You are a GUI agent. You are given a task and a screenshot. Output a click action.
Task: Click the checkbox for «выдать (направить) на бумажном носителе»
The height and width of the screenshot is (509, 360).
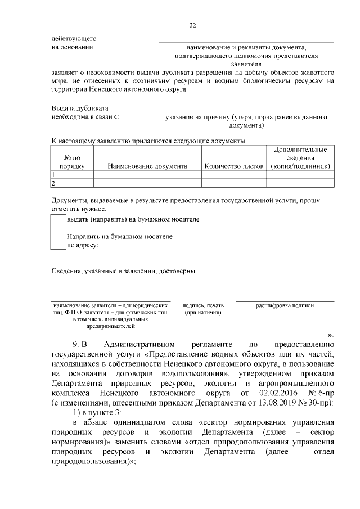[58, 223]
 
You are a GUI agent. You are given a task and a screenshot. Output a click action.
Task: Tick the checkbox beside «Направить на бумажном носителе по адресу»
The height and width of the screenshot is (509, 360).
[58, 241]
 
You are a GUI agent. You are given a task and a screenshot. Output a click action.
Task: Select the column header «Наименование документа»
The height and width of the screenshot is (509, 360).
[147, 166]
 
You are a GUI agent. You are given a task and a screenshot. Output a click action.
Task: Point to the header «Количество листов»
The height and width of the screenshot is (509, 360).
[233, 166]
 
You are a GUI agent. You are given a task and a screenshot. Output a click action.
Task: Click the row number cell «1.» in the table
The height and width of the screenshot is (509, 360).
[55, 175]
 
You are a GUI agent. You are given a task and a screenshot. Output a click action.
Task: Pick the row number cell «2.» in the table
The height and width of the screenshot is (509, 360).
[55, 183]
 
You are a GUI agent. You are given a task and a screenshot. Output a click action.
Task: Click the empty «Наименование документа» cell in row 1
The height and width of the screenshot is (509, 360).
[147, 175]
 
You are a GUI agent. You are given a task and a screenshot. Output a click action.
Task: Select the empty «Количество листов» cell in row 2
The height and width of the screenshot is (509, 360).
[233, 183]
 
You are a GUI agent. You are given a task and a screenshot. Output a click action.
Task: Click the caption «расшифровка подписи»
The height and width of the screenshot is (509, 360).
[285, 305]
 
